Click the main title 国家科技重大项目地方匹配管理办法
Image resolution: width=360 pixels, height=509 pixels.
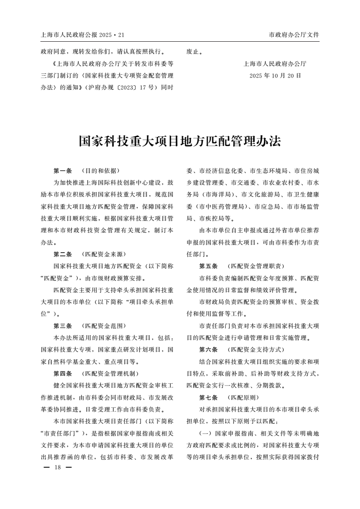pos(180,141)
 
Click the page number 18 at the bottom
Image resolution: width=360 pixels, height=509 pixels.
pos(57,467)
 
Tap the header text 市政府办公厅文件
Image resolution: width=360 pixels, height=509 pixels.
pos(294,35)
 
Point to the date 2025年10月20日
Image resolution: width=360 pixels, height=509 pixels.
pos(275,75)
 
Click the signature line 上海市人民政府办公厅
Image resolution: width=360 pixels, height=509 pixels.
pos(275,64)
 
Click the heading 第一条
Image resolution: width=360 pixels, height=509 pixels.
pos(63,171)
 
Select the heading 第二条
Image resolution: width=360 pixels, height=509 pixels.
pos(63,254)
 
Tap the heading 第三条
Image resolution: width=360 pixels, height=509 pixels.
pos(63,326)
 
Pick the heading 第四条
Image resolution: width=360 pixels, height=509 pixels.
pos(63,373)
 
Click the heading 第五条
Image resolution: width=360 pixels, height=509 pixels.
pos(208,266)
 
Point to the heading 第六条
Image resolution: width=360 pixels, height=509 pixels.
pos(208,350)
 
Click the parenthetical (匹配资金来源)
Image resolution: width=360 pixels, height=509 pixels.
pos(103,254)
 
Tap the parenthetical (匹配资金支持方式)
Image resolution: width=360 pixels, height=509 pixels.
pos(255,350)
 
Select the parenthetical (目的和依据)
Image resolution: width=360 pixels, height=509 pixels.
pos(100,171)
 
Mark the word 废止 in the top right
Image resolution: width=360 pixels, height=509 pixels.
pos(194,52)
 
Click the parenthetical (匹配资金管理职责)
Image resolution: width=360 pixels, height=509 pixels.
pos(255,266)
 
